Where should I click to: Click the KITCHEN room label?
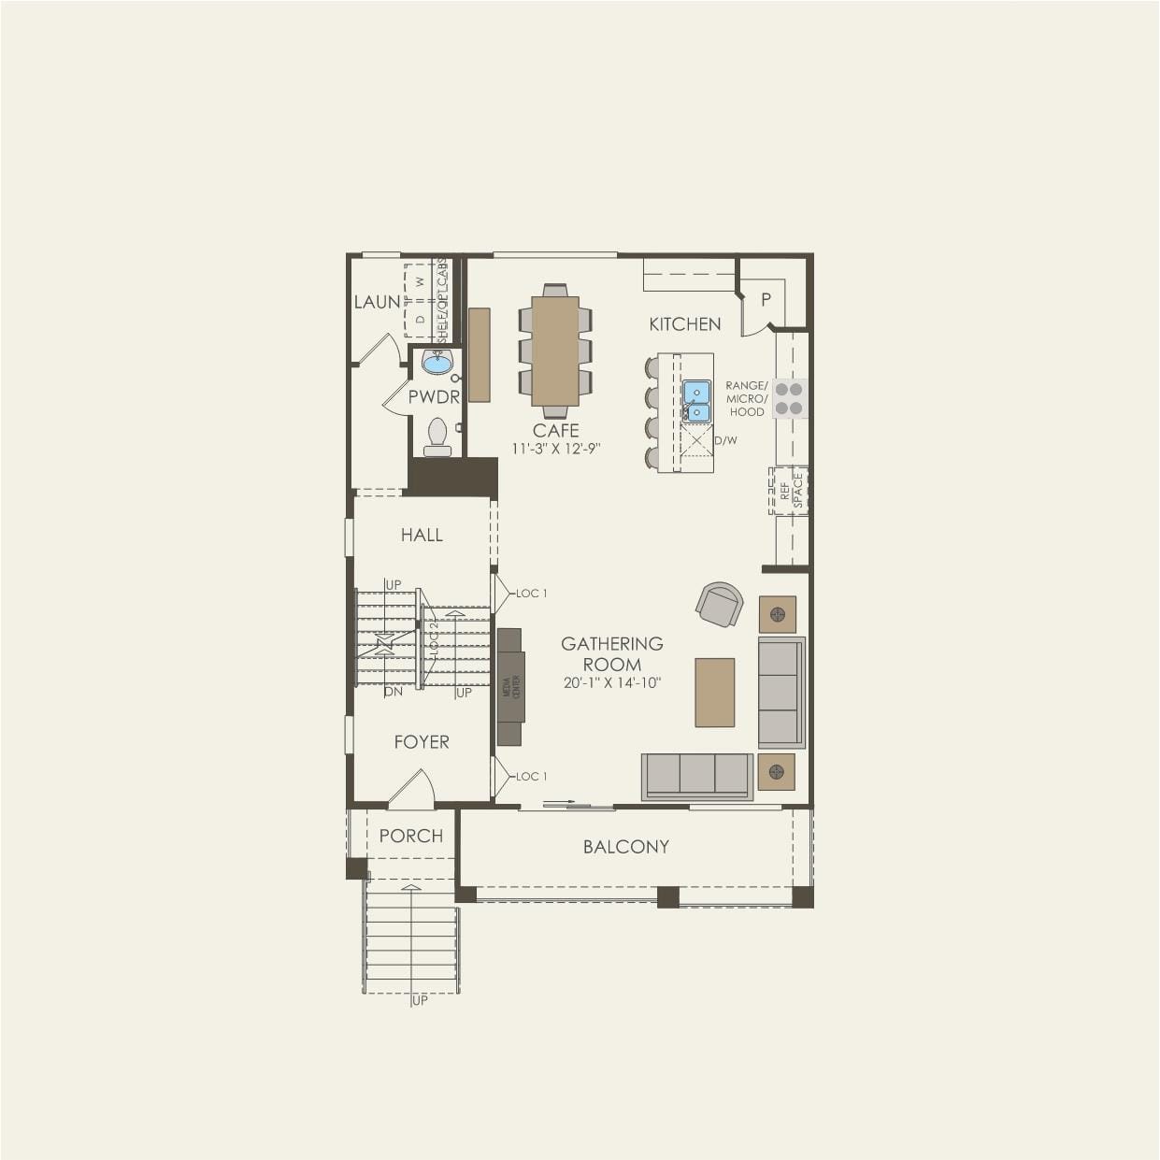coord(685,324)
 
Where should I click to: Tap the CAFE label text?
coord(556,430)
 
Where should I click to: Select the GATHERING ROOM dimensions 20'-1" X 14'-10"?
coord(612,683)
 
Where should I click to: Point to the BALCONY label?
coord(625,847)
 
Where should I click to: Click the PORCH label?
coord(410,836)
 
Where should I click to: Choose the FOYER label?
coord(422,742)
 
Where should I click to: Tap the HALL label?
coord(422,535)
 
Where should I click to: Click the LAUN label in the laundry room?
coord(377,302)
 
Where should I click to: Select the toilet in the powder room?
coord(437,437)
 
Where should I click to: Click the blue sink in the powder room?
coord(437,362)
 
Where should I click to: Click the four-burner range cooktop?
coord(789,398)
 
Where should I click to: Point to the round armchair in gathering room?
coord(720,605)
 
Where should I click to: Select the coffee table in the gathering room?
coord(715,693)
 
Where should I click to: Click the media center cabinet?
coord(509,687)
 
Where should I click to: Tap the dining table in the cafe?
coord(555,351)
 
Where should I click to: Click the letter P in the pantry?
coord(766,300)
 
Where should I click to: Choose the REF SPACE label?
coord(791,491)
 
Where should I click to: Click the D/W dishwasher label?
coord(726,440)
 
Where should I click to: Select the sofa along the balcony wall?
coord(697,776)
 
